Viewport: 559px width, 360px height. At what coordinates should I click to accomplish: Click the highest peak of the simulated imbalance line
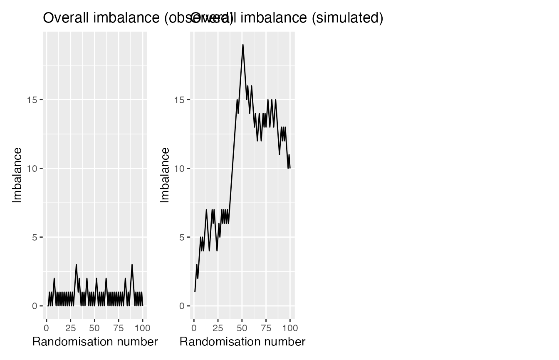pos(243,45)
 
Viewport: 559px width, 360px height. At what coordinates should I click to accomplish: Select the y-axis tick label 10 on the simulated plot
pos(180,169)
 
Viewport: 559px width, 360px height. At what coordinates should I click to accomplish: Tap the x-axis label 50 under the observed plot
pos(94,328)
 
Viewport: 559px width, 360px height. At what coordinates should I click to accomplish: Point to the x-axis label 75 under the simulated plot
pos(266,328)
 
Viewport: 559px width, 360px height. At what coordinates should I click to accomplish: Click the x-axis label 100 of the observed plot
pos(142,328)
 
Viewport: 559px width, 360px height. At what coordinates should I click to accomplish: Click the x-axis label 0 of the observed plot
pos(46,328)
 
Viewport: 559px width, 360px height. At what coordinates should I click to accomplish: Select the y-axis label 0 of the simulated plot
pos(182,306)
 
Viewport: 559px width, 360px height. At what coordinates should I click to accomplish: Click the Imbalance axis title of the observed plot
pos(17,175)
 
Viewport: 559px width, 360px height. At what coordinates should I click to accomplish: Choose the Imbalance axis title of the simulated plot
pos(165,175)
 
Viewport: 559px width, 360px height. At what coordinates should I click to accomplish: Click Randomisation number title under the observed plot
pos(95,342)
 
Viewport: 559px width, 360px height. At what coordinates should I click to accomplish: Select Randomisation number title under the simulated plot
pos(242,342)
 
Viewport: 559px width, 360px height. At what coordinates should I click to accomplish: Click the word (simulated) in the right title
pos(347,18)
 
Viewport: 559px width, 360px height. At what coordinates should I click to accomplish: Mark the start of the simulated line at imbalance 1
pos(195,292)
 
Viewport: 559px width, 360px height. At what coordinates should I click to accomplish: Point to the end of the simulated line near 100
pos(290,168)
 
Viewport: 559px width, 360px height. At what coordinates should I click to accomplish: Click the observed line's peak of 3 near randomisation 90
pos(132,265)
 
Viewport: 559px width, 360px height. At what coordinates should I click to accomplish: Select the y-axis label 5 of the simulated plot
pos(182,237)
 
